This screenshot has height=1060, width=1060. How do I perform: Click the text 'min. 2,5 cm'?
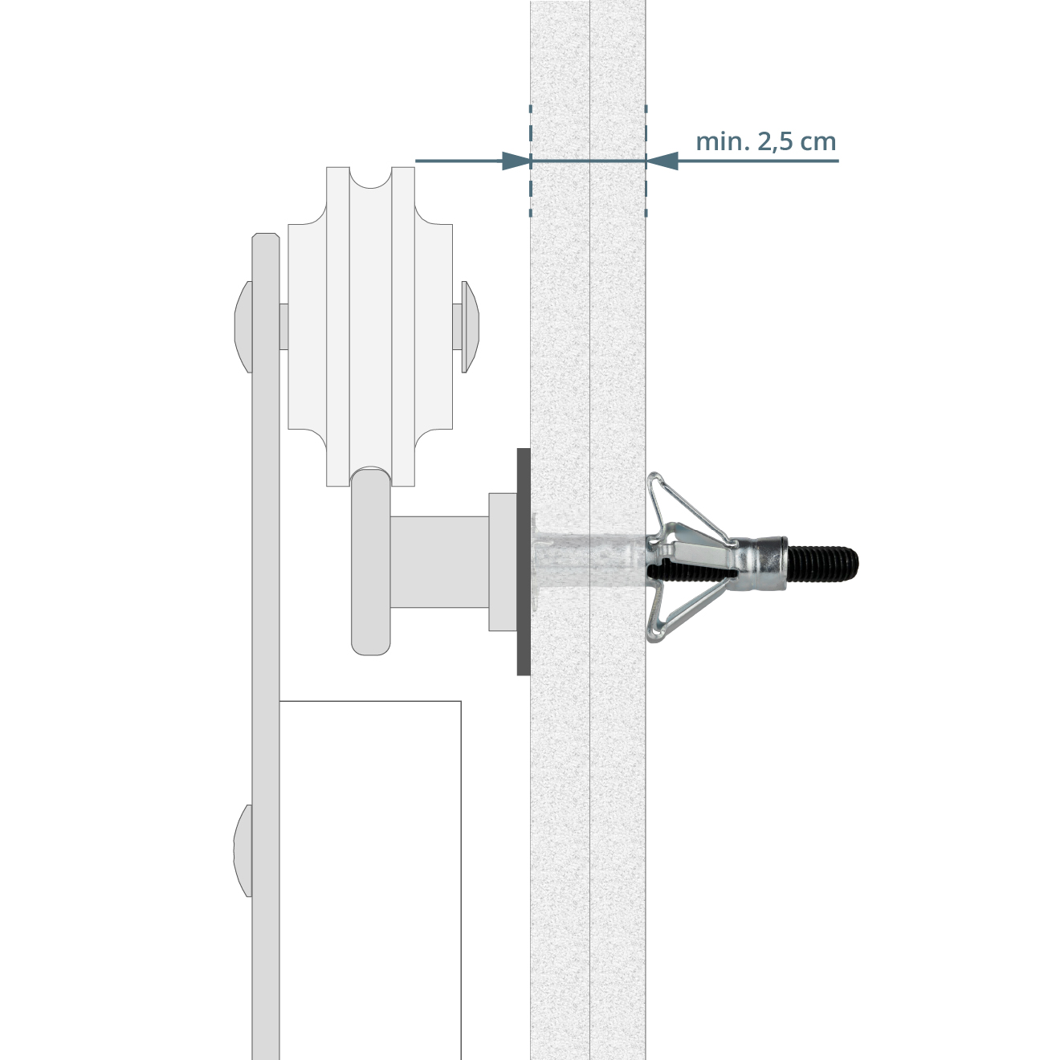pyautogui.click(x=766, y=142)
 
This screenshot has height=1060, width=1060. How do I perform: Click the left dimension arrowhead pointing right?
pyautogui.click(x=516, y=161)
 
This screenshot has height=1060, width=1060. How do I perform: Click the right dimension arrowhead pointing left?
pyautogui.click(x=662, y=161)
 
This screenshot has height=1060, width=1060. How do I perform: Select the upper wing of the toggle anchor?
pyautogui.click(x=682, y=508)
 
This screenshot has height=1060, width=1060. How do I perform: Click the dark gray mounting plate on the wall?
pyautogui.click(x=523, y=561)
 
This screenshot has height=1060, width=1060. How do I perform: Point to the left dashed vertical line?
pyautogui.click(x=530, y=160)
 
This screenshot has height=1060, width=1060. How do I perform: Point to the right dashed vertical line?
pyautogui.click(x=646, y=160)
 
